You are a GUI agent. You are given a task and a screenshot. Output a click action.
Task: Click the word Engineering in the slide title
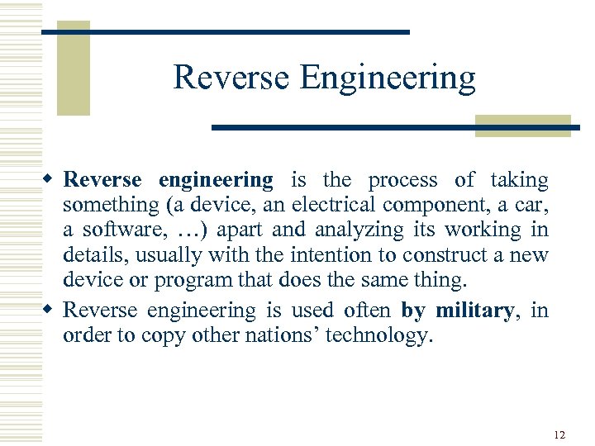388,78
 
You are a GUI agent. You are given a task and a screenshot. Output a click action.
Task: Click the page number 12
559,434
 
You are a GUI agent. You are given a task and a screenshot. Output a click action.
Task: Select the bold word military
474,311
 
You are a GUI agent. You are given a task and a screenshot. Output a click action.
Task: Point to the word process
403,180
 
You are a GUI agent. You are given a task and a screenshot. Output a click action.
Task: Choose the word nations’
265,335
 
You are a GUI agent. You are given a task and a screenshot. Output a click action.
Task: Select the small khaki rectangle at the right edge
522,125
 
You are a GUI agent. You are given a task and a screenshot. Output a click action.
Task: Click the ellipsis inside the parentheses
188,230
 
